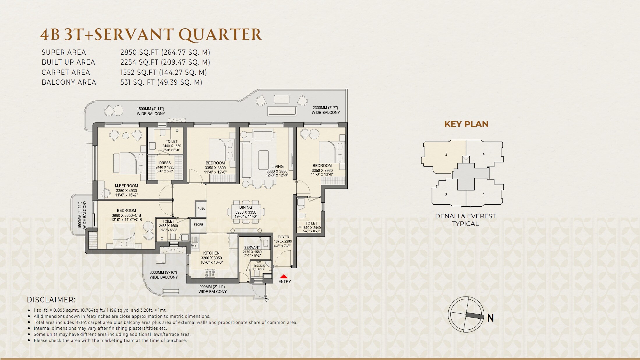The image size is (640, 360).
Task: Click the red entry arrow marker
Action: pos(284,276)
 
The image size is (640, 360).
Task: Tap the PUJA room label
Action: pos(201,209)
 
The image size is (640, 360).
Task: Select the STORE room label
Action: pos(198,225)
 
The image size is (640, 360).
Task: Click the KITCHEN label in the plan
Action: pos(211,253)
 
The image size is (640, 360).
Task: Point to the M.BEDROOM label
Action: pos(126,186)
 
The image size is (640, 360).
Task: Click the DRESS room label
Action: pos(165,163)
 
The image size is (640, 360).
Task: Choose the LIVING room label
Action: pos(277,167)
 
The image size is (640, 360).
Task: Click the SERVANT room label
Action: pos(252,247)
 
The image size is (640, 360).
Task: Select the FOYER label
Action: pos(283,237)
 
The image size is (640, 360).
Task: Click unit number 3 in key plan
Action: pos(446,155)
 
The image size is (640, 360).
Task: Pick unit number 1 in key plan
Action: pos(484,194)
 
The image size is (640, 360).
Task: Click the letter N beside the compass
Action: pos(491,318)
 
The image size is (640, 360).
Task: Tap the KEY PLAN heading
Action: pos(466,124)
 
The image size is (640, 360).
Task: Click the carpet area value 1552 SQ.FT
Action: pos(139,72)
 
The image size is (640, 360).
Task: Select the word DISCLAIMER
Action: pos(51,300)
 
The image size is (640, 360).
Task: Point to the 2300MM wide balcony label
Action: pos(326,110)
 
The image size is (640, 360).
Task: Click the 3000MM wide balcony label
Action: pos(163,275)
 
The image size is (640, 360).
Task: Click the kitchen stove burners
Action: pos(210,273)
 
